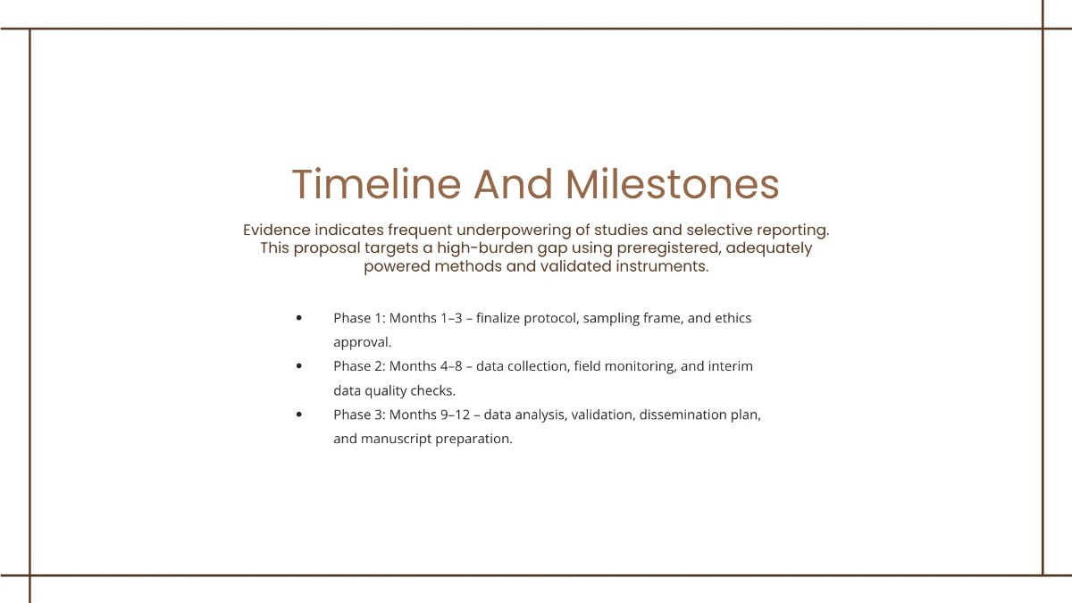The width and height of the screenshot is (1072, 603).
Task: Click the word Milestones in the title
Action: pyautogui.click(x=673, y=184)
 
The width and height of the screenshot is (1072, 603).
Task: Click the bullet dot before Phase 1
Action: pyautogui.click(x=298, y=318)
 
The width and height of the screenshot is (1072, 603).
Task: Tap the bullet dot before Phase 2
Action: pyautogui.click(x=298, y=366)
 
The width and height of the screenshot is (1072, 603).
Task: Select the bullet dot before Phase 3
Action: pyautogui.click(x=298, y=415)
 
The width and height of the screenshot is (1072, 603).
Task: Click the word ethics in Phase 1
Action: pyautogui.click(x=733, y=318)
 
